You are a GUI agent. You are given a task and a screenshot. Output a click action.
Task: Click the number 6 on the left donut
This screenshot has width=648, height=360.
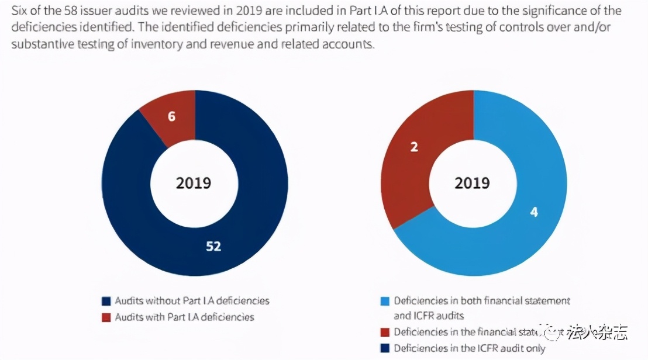[171, 116]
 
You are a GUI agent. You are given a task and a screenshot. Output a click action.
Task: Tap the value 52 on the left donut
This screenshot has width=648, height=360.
[213, 247]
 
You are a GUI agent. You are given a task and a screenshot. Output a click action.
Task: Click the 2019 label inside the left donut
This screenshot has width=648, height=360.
[194, 183]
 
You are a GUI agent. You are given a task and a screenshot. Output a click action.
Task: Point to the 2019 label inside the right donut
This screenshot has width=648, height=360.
[472, 183]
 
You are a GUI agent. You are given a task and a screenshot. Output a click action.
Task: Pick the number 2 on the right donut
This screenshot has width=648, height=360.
[414, 147]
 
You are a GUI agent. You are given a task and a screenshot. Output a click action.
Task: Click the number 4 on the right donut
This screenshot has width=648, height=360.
[533, 212]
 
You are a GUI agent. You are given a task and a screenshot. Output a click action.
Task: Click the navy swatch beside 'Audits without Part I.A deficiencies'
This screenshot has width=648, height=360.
[106, 302]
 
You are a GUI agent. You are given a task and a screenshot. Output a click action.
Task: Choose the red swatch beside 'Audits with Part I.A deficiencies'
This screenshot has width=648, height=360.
[106, 317]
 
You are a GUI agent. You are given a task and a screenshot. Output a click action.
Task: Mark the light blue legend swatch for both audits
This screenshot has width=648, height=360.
[384, 302]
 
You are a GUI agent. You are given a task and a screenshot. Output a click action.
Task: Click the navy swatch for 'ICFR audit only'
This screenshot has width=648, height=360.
[384, 348]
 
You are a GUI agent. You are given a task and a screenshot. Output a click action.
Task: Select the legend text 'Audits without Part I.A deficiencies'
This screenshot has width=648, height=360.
[192, 301]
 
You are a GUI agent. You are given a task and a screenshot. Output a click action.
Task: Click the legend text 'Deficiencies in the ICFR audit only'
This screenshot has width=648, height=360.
[470, 348]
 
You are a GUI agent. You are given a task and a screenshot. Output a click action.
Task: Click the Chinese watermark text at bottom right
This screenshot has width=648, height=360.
[605, 333]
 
